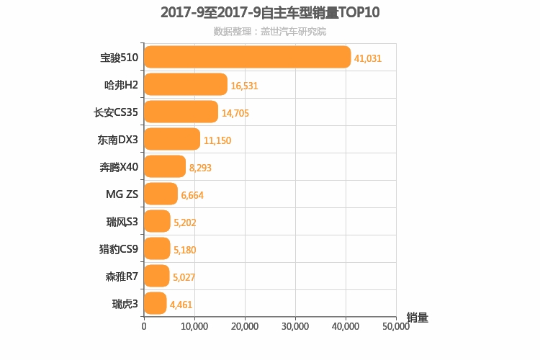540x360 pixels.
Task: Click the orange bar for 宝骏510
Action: tap(247, 57)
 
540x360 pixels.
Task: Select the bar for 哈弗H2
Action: tap(186, 84)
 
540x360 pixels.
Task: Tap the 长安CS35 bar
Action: tap(181, 112)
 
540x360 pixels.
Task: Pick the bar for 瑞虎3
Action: tap(156, 303)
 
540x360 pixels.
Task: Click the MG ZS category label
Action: tap(122, 194)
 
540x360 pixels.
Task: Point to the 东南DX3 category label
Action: tap(117, 139)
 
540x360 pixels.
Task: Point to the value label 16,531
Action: tap(244, 86)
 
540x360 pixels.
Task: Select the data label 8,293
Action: tap(200, 168)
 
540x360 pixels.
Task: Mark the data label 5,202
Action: tap(184, 222)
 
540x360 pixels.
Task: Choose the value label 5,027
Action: tap(184, 277)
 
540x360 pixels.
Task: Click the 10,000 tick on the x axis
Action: tap(194, 325)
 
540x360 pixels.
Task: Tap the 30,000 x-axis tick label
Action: tap(295, 325)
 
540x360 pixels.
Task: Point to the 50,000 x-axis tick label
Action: tap(395, 325)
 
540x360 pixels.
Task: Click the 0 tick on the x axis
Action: tap(144, 325)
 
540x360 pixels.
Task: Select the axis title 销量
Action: tap(417, 318)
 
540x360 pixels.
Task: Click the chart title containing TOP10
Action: tap(270, 12)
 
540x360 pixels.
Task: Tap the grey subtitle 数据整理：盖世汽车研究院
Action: tap(270, 32)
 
